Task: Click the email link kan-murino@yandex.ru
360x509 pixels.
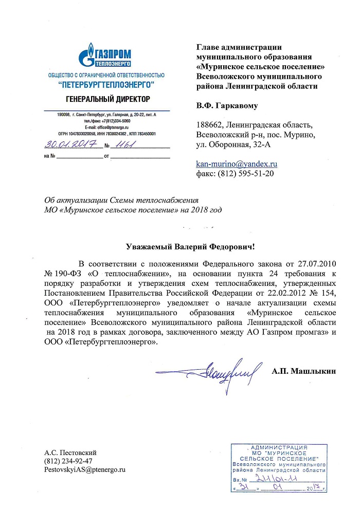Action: point(237,163)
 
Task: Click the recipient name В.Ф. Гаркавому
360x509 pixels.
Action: point(227,106)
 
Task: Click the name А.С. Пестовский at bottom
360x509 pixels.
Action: point(71,452)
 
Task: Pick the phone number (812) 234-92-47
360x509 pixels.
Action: point(69,461)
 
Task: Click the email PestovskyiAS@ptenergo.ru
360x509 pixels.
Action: point(85,469)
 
